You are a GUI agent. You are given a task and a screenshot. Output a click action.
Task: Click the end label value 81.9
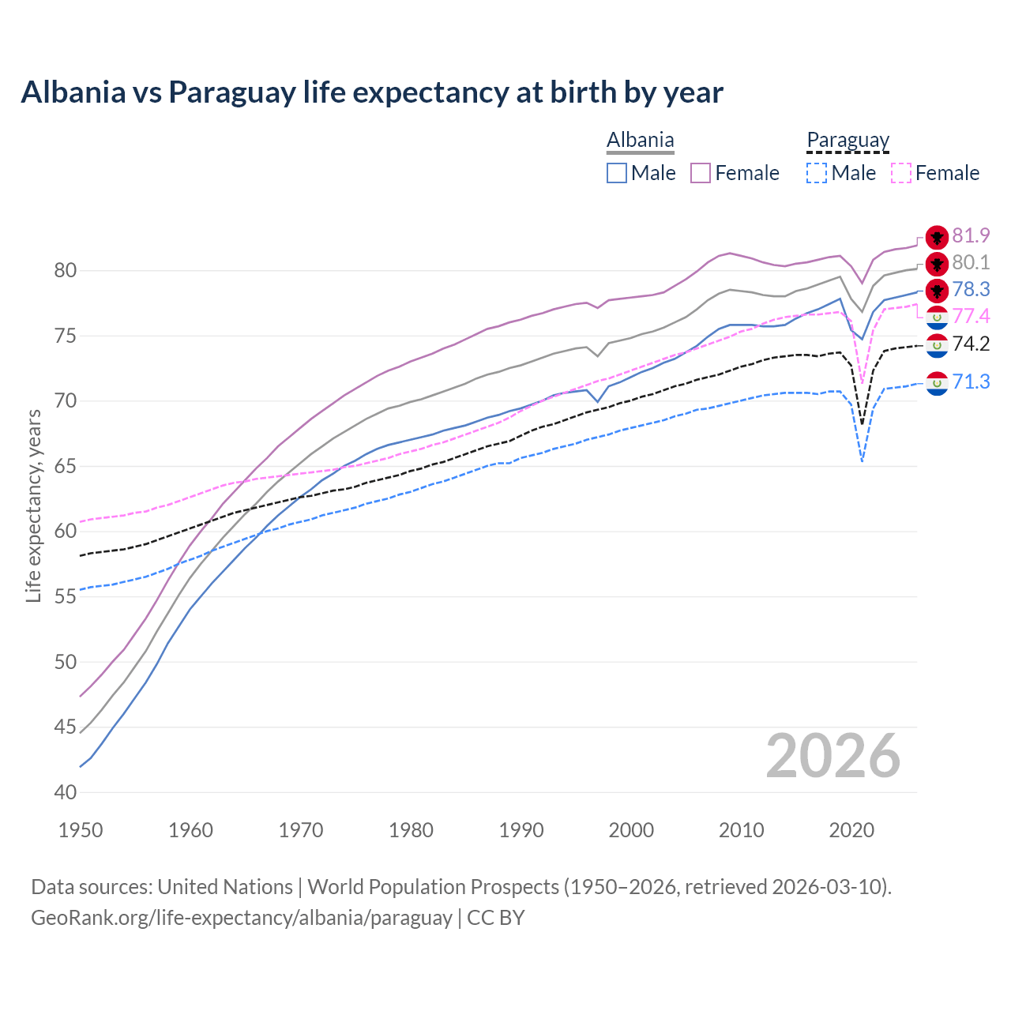click(x=971, y=236)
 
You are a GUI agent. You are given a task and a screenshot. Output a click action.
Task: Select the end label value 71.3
click(x=971, y=382)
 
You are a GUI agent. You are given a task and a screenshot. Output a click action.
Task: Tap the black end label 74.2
click(x=971, y=344)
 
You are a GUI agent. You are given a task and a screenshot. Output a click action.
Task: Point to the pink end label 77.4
click(x=971, y=317)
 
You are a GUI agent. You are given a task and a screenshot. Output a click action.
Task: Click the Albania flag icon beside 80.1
click(x=937, y=264)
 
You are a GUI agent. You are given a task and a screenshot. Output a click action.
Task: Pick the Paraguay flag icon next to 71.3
click(x=937, y=384)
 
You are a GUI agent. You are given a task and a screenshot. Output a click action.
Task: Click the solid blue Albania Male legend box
click(x=617, y=173)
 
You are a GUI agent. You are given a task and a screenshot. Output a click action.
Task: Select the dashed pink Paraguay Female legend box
click(x=901, y=173)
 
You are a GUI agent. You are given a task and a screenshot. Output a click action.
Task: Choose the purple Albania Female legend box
click(x=701, y=173)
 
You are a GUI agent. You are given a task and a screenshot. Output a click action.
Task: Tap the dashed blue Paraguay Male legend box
click(x=817, y=173)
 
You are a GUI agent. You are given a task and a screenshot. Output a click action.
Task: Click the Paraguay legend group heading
click(x=848, y=141)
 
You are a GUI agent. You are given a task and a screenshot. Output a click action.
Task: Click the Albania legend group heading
click(x=640, y=141)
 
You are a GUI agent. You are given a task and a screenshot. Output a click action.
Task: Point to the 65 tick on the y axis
click(x=66, y=467)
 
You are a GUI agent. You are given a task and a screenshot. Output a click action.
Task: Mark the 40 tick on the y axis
click(x=66, y=792)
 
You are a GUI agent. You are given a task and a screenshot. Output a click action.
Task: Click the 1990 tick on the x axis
click(x=521, y=830)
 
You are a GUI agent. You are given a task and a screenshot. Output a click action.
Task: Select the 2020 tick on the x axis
click(x=851, y=830)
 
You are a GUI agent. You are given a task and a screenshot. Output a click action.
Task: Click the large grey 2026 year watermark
click(x=832, y=757)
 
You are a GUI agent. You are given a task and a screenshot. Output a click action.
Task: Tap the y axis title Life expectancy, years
click(x=34, y=505)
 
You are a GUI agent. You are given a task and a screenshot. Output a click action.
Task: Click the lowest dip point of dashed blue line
click(x=863, y=461)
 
